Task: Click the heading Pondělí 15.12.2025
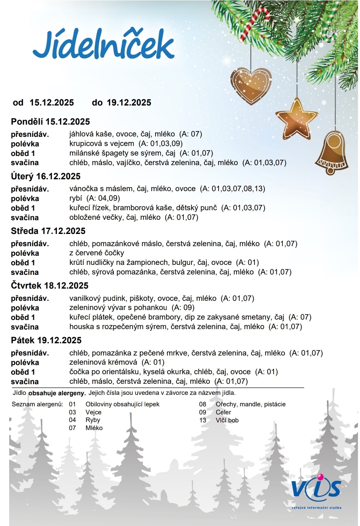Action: (x=50, y=122)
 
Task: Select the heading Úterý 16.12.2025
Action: (x=46, y=177)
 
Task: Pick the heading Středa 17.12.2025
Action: (x=48, y=231)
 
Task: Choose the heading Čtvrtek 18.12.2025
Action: (x=50, y=286)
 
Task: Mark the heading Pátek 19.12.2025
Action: (x=46, y=341)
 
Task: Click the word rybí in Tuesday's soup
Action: (x=76, y=198)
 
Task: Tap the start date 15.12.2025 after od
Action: (x=52, y=103)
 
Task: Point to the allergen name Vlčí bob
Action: (x=227, y=420)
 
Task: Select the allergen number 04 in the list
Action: (x=72, y=420)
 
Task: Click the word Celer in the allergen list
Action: (x=223, y=412)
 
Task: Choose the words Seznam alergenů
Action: (x=37, y=404)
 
